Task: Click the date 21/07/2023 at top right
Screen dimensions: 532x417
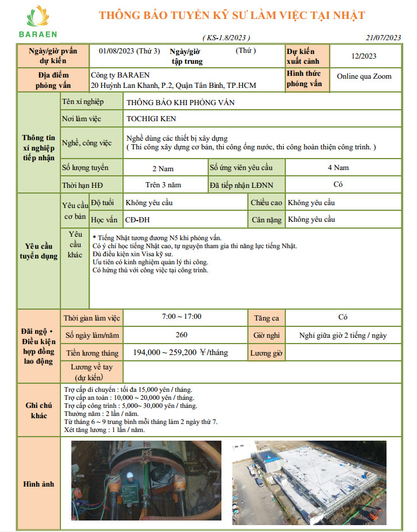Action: pos(383,38)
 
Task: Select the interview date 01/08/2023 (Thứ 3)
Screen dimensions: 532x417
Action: pos(129,51)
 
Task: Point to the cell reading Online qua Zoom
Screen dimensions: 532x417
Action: pos(364,76)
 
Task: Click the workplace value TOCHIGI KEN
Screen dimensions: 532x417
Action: pos(151,119)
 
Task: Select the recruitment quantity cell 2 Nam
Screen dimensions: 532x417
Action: pos(163,169)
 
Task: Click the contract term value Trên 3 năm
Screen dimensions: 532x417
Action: pos(163,185)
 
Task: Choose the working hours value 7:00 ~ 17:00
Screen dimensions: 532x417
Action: pos(182,317)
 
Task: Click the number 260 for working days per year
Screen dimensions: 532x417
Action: pos(181,335)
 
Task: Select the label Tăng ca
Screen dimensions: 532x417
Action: pos(266,317)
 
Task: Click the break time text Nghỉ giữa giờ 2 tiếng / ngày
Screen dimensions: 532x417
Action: pos(343,336)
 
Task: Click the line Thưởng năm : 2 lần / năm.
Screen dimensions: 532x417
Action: pos(101,413)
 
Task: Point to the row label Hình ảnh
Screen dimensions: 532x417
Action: pos(39,484)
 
